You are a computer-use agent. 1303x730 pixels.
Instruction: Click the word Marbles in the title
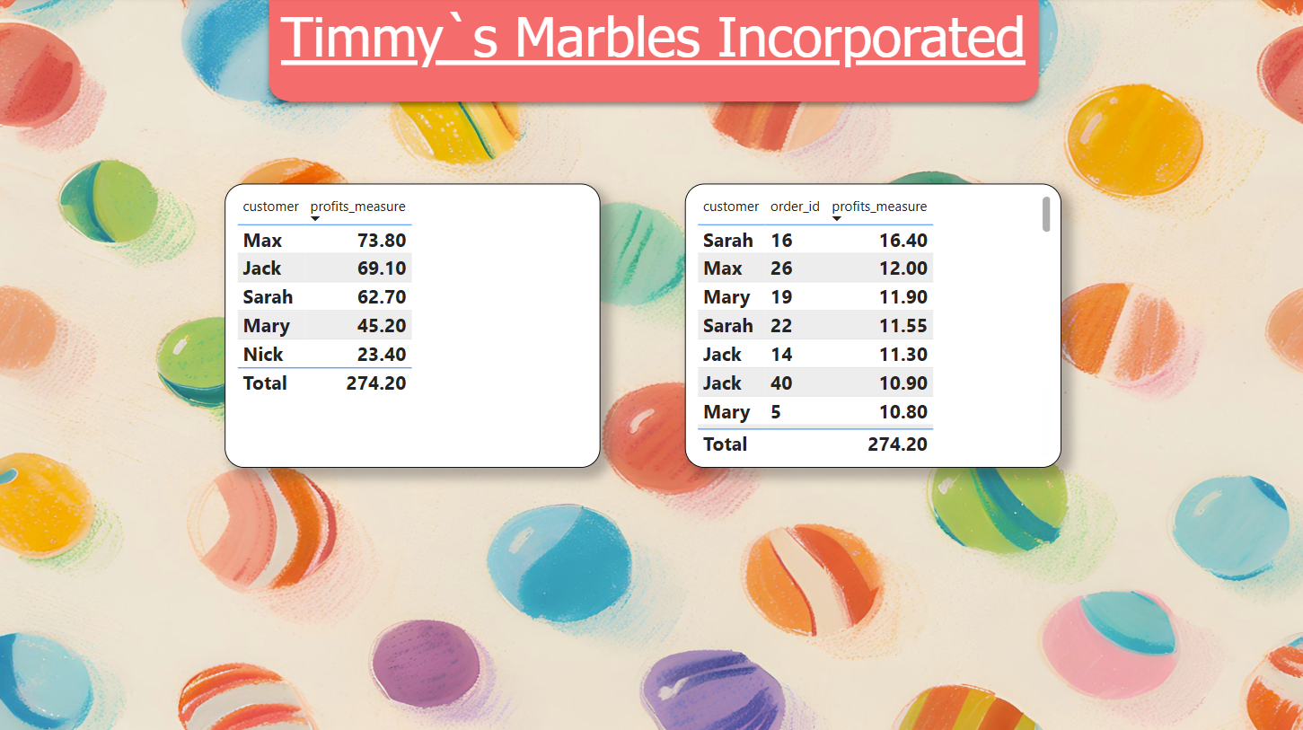tap(607, 37)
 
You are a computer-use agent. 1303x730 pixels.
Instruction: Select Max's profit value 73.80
tap(382, 241)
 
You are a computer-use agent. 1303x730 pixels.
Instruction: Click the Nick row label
tap(263, 355)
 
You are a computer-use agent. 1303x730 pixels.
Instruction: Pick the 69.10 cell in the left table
tap(382, 268)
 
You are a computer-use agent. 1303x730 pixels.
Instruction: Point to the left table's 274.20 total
tap(375, 383)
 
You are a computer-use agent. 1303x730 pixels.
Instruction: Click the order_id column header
tap(795, 207)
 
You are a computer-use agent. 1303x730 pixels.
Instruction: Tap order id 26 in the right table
tap(781, 268)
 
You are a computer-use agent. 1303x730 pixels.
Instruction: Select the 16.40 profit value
tap(902, 241)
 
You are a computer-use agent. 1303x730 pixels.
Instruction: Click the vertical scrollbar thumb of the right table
tap(1046, 214)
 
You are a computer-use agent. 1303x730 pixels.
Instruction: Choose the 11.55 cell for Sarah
tap(902, 326)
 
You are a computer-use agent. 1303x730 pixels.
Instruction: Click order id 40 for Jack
tap(781, 383)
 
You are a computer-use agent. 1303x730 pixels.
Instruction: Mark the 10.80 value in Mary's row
tap(902, 412)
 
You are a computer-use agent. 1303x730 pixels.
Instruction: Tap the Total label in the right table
tap(725, 444)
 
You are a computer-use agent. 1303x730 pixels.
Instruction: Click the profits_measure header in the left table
tap(357, 207)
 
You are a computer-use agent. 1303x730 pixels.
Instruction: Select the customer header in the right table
tap(731, 207)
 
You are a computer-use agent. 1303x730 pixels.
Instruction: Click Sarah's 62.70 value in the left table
tap(382, 297)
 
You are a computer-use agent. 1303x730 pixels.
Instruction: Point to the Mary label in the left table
tap(267, 326)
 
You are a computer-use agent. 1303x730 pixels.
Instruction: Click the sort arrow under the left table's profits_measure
tap(314, 219)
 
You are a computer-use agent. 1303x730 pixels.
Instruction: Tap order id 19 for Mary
tap(781, 297)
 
